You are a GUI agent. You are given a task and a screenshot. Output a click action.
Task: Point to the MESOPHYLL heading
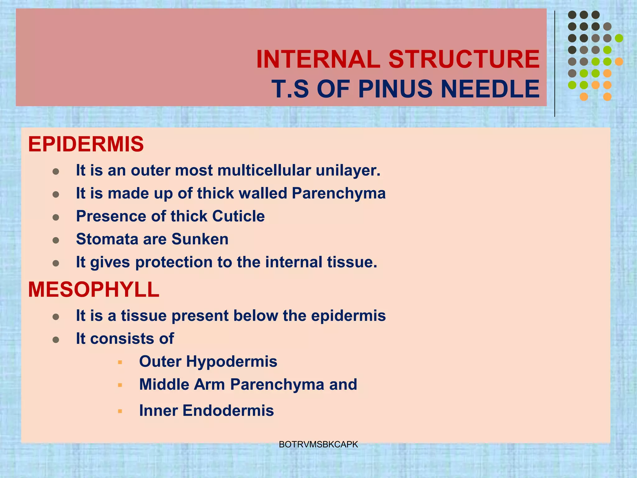[94, 290]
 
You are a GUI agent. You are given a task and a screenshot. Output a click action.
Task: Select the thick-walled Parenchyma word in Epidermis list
[338, 194]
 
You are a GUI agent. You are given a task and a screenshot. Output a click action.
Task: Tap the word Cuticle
[238, 216]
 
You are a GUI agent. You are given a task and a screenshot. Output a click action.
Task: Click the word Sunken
[200, 239]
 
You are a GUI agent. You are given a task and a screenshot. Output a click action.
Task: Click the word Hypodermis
[231, 362]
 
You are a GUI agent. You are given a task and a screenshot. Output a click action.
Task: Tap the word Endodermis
[228, 411]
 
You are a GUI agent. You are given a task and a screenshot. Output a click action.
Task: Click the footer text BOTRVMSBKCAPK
[318, 445]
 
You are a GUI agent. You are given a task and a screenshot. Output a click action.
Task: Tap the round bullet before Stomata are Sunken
[56, 240]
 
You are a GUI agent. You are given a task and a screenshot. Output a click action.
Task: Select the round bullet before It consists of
[56, 340]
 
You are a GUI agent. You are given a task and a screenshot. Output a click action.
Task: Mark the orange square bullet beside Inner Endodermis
[120, 411]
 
